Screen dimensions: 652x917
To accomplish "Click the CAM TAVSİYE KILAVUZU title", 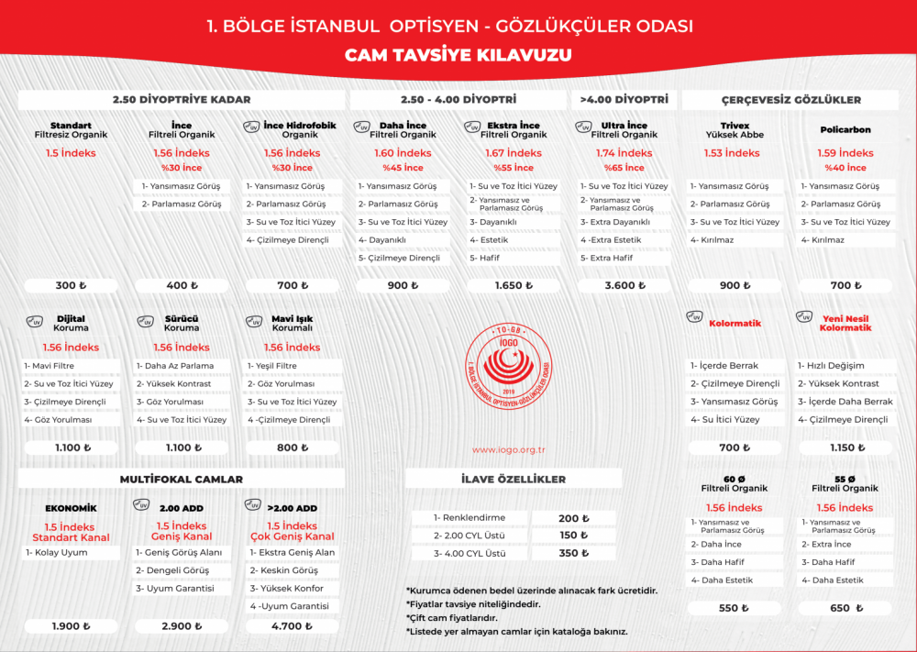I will [458, 55].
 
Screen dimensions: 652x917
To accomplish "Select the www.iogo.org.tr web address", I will [509, 449].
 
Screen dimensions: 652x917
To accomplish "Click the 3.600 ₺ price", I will [624, 285].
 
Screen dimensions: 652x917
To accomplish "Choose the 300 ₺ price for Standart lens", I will [71, 285].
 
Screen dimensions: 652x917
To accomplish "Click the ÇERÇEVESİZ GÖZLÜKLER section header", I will [790, 99].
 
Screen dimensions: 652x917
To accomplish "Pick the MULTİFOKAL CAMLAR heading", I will [182, 479].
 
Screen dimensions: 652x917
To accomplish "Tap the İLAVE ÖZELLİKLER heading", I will [513, 479].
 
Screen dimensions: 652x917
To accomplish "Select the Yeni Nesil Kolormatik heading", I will [845, 323].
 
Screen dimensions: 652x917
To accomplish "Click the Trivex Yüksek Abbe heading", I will [735, 130].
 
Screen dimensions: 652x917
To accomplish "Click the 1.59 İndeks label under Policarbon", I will [845, 153].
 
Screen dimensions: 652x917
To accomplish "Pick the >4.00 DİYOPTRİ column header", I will [624, 99].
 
